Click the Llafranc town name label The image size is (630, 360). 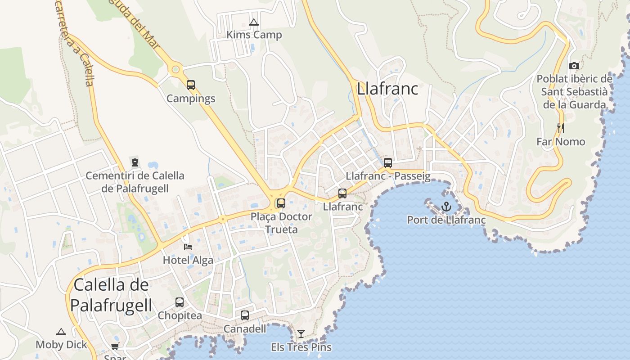coord(387,89)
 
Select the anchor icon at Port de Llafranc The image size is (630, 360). coord(446,207)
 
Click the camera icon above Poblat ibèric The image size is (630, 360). coord(574,66)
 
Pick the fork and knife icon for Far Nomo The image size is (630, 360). coord(560,128)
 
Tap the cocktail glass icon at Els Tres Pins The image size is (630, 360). coord(301,334)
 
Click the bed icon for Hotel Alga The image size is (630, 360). coord(188,247)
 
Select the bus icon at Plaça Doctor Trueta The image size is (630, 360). coord(281,203)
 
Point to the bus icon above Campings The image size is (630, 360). coord(191,85)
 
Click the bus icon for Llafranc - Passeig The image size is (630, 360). coord(387,162)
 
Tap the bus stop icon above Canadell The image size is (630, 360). coord(245,315)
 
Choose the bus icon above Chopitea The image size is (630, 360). coord(180,302)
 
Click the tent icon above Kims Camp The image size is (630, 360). coord(254,22)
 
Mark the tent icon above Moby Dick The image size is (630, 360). coord(61,332)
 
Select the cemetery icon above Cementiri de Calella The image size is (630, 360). coord(135,162)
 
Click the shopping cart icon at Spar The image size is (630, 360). coord(115,346)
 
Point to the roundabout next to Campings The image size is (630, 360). coord(175,69)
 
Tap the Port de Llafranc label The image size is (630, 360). coord(446,220)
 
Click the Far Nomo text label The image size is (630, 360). coord(561,142)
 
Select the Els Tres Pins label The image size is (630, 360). coord(301,347)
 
